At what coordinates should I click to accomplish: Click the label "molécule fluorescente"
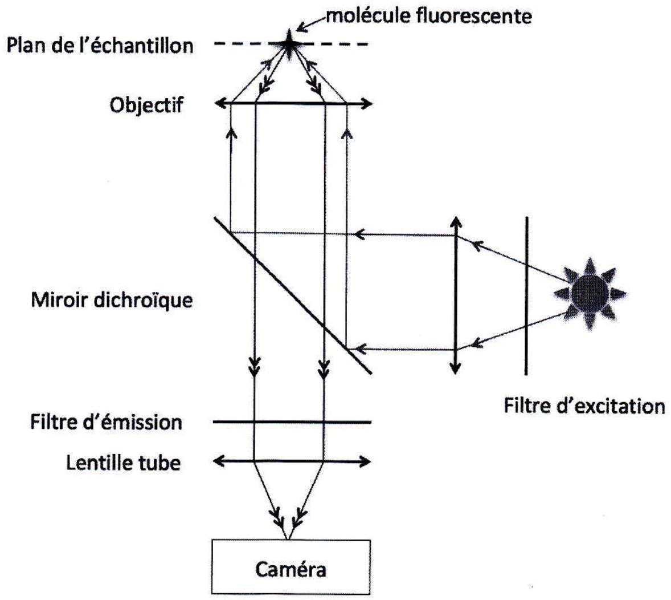pos(429,17)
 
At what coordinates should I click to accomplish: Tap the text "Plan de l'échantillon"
pos(100,46)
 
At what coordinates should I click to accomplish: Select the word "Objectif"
pos(147,105)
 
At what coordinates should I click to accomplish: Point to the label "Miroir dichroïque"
pos(112,300)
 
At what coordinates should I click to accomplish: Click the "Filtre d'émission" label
pos(106,422)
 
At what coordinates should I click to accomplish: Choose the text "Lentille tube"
pos(123,463)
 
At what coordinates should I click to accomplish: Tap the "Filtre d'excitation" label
pos(584,406)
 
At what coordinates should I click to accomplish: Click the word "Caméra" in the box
pos(291,570)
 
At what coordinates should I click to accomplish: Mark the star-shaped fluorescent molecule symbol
pos(289,44)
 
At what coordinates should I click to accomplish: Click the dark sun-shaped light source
pos(590,294)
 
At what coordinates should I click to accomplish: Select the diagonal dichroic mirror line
pos(293,295)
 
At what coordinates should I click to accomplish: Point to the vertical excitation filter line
pos(526,295)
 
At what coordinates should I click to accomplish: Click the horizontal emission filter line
pos(292,422)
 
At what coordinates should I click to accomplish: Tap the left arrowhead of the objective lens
pos(220,103)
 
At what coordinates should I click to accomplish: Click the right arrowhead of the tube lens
pos(365,461)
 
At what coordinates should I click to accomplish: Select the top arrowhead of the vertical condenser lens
pos(456,222)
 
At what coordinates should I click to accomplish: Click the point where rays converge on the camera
pos(289,538)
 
